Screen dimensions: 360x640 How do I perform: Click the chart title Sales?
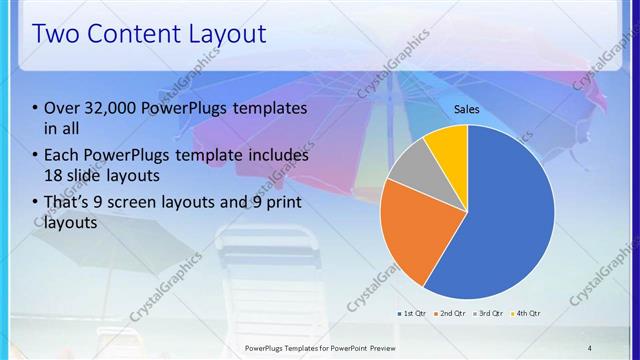coord(467,108)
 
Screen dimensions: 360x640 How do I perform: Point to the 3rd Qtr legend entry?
coord(491,313)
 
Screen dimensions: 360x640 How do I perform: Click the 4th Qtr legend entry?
coord(528,313)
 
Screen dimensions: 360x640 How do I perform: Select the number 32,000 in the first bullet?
coord(108,108)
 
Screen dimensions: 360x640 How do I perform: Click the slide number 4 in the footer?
coord(590,347)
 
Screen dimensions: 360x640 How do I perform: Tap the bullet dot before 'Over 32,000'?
coord(36,109)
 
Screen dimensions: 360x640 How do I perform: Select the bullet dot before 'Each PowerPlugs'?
coord(36,156)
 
